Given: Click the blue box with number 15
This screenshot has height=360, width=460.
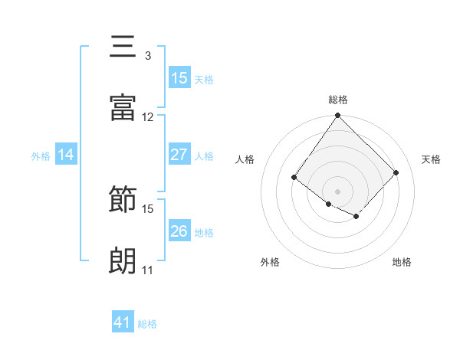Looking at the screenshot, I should coord(179,77).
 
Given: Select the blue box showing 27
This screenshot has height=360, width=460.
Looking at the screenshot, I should coord(179,154).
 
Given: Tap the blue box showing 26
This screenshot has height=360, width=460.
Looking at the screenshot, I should coord(179,231).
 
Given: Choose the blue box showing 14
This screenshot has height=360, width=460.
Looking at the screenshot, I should coord(66,155).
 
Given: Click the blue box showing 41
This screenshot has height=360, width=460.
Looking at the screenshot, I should coord(123,322).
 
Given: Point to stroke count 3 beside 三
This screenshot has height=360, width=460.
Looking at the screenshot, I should coord(147,56).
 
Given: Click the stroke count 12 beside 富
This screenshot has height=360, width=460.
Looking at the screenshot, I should coord(147,117).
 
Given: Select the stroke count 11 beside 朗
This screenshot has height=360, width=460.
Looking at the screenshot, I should coord(147,270).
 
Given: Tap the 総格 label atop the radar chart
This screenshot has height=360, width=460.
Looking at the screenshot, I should coord(338,100).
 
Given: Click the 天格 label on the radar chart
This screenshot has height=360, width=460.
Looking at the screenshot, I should coord(431,159).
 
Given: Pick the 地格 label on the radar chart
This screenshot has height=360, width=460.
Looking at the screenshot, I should coord(402,262).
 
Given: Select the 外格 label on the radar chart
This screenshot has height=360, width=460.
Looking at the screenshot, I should coord(270,262).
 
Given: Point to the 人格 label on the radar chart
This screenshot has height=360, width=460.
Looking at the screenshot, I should coord(245,159).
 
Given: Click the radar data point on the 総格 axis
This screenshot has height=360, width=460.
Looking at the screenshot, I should coord(338,116).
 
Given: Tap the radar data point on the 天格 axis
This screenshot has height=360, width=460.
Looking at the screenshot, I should coord(396,172).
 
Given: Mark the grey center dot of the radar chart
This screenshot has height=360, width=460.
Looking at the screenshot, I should coord(338,191).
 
